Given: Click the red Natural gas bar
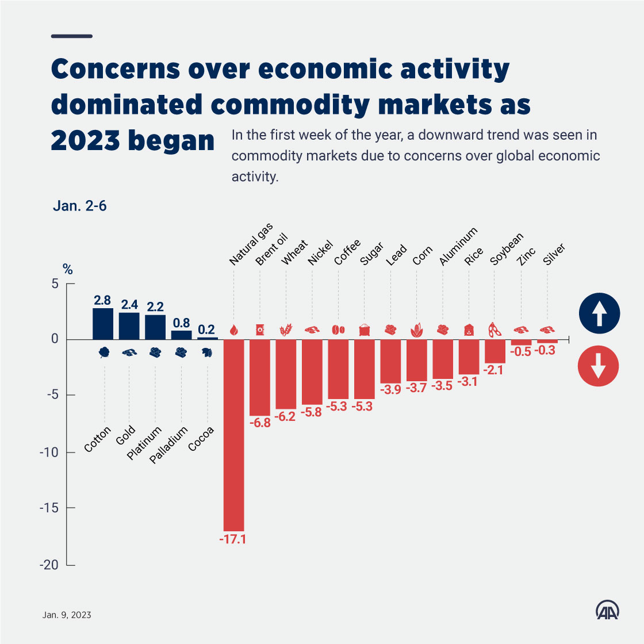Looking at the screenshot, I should coord(234,435).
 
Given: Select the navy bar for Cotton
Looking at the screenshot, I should coord(103,324).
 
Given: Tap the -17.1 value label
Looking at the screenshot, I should coord(232,540).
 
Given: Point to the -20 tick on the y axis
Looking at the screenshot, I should coord(49,565).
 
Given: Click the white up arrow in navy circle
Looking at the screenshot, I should coord(599,314).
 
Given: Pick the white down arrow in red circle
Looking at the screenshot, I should coord(599,365).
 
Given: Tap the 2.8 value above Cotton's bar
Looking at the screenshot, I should coord(102,300).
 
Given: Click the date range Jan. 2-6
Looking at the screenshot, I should coord(80,206).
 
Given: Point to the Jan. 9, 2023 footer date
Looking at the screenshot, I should coord(67,615).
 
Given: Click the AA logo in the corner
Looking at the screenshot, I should coord(607,611).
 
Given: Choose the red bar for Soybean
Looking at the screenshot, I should coord(495,351).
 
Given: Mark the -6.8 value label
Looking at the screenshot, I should coord(260,423).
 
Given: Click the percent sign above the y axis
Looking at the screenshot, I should coord(68,269).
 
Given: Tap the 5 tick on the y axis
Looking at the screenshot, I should coord(55,283).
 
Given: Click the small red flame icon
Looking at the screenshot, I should coord(233,330).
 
